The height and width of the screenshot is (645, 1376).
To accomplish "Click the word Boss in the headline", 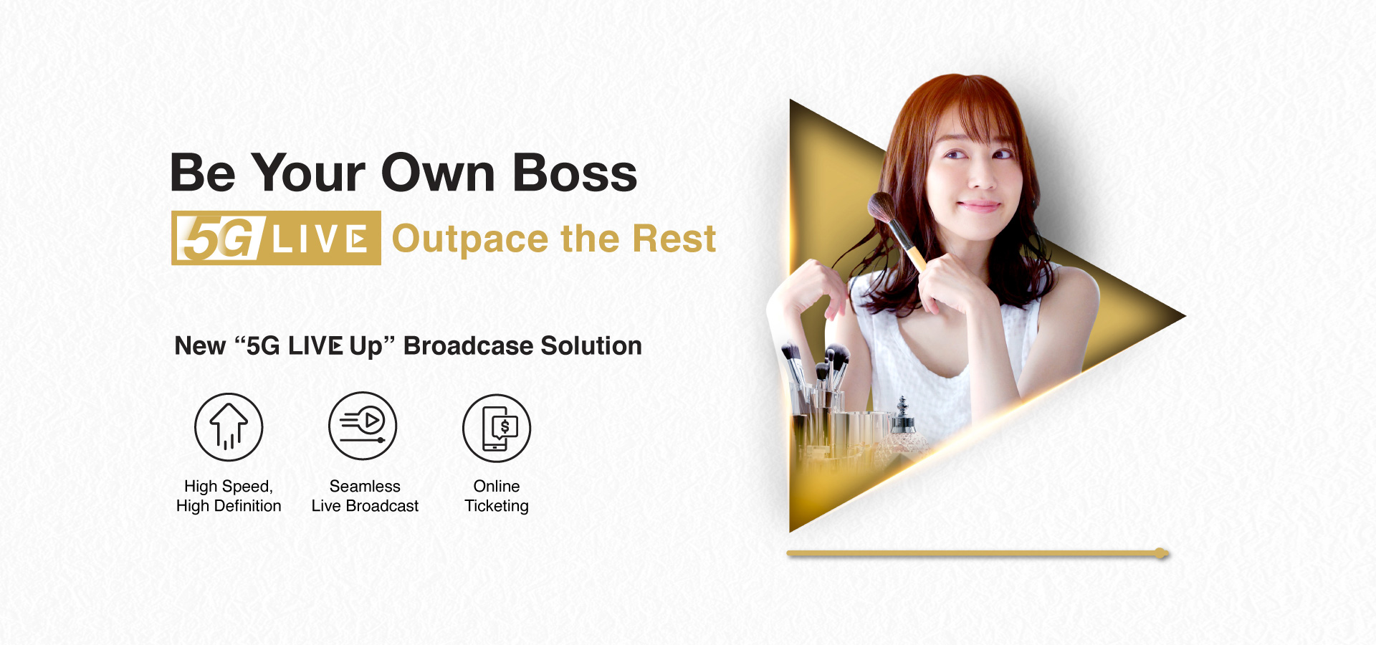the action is click(x=575, y=173).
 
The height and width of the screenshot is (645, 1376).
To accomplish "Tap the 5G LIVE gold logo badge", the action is click(x=276, y=238).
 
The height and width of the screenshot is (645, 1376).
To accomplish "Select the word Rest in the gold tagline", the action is click(x=674, y=239).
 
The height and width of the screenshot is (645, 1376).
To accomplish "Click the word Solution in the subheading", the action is click(x=591, y=345).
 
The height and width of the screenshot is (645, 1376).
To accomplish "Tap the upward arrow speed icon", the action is click(x=229, y=427).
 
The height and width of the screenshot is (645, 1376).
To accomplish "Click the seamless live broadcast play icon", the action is click(x=363, y=426).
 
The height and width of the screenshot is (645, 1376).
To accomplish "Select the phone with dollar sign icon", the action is click(x=497, y=428).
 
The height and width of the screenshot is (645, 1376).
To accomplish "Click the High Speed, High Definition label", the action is click(x=229, y=496).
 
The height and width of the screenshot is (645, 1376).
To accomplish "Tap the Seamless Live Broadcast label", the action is click(x=365, y=496).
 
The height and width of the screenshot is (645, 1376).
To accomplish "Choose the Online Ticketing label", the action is click(x=497, y=496).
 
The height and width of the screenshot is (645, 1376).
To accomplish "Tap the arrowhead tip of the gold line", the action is click(x=1169, y=553).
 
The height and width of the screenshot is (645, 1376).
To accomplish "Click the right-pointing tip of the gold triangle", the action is click(x=1185, y=315).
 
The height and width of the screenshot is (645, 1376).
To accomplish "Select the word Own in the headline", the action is click(x=438, y=173).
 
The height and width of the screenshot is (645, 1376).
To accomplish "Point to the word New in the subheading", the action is click(x=200, y=345).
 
